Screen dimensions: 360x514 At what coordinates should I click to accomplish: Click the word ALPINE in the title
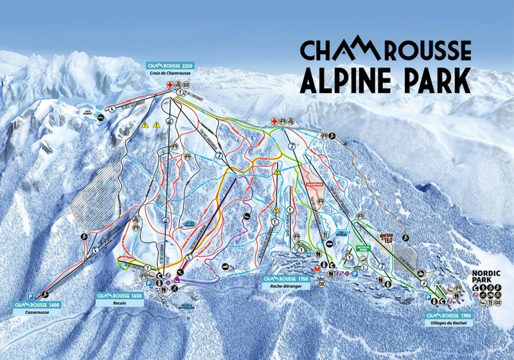348,81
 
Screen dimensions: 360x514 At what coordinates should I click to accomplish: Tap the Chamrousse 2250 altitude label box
170,66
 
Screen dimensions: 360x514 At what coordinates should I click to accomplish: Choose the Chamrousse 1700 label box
448,316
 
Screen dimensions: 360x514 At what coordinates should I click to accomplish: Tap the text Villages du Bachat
448,323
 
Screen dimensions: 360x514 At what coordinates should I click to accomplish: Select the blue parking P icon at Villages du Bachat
429,298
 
